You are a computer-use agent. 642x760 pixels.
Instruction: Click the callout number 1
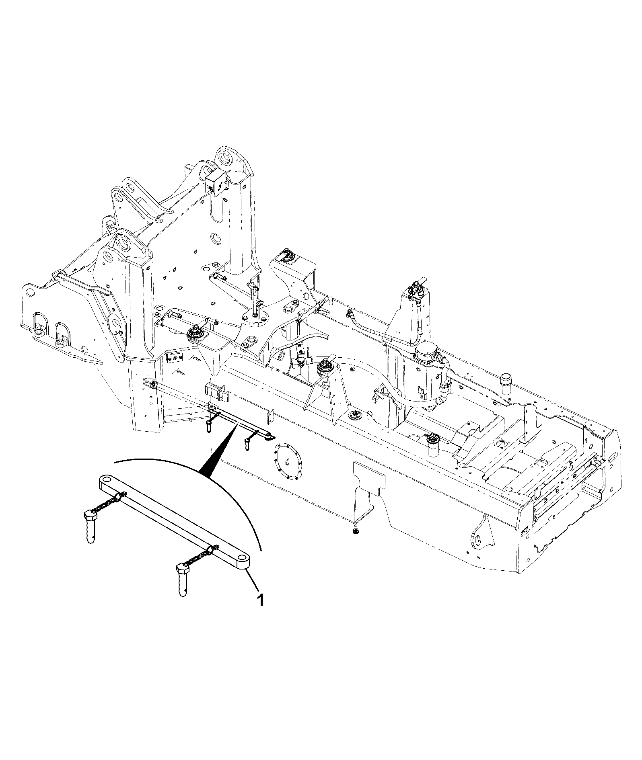261,612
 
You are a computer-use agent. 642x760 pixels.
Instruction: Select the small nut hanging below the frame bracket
355,532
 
